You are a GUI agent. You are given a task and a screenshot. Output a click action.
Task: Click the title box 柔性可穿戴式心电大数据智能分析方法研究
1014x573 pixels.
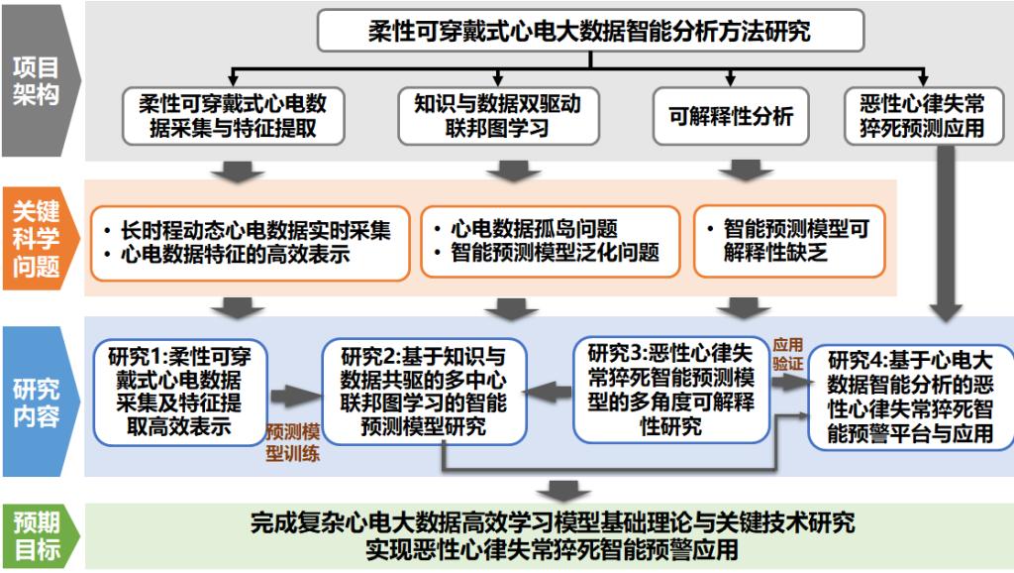tap(590, 30)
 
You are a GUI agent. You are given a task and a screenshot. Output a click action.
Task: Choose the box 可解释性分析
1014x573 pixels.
tap(731, 116)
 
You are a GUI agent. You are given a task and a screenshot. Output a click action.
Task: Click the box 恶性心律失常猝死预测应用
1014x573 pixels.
tap(924, 116)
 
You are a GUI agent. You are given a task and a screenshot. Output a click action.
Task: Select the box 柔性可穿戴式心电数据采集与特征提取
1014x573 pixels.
tap(232, 116)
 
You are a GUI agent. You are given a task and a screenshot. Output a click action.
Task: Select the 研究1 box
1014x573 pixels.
tap(181, 393)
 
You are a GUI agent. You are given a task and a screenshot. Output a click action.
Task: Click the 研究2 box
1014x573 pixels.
tap(424, 394)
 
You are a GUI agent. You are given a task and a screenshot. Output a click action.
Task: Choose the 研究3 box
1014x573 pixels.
tap(671, 390)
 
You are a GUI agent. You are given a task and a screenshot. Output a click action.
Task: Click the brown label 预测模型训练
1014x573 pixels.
tap(292, 443)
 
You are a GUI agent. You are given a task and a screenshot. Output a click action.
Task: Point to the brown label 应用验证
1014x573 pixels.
tap(788, 354)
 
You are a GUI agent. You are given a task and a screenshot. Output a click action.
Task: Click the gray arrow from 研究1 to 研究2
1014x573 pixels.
tap(290, 397)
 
